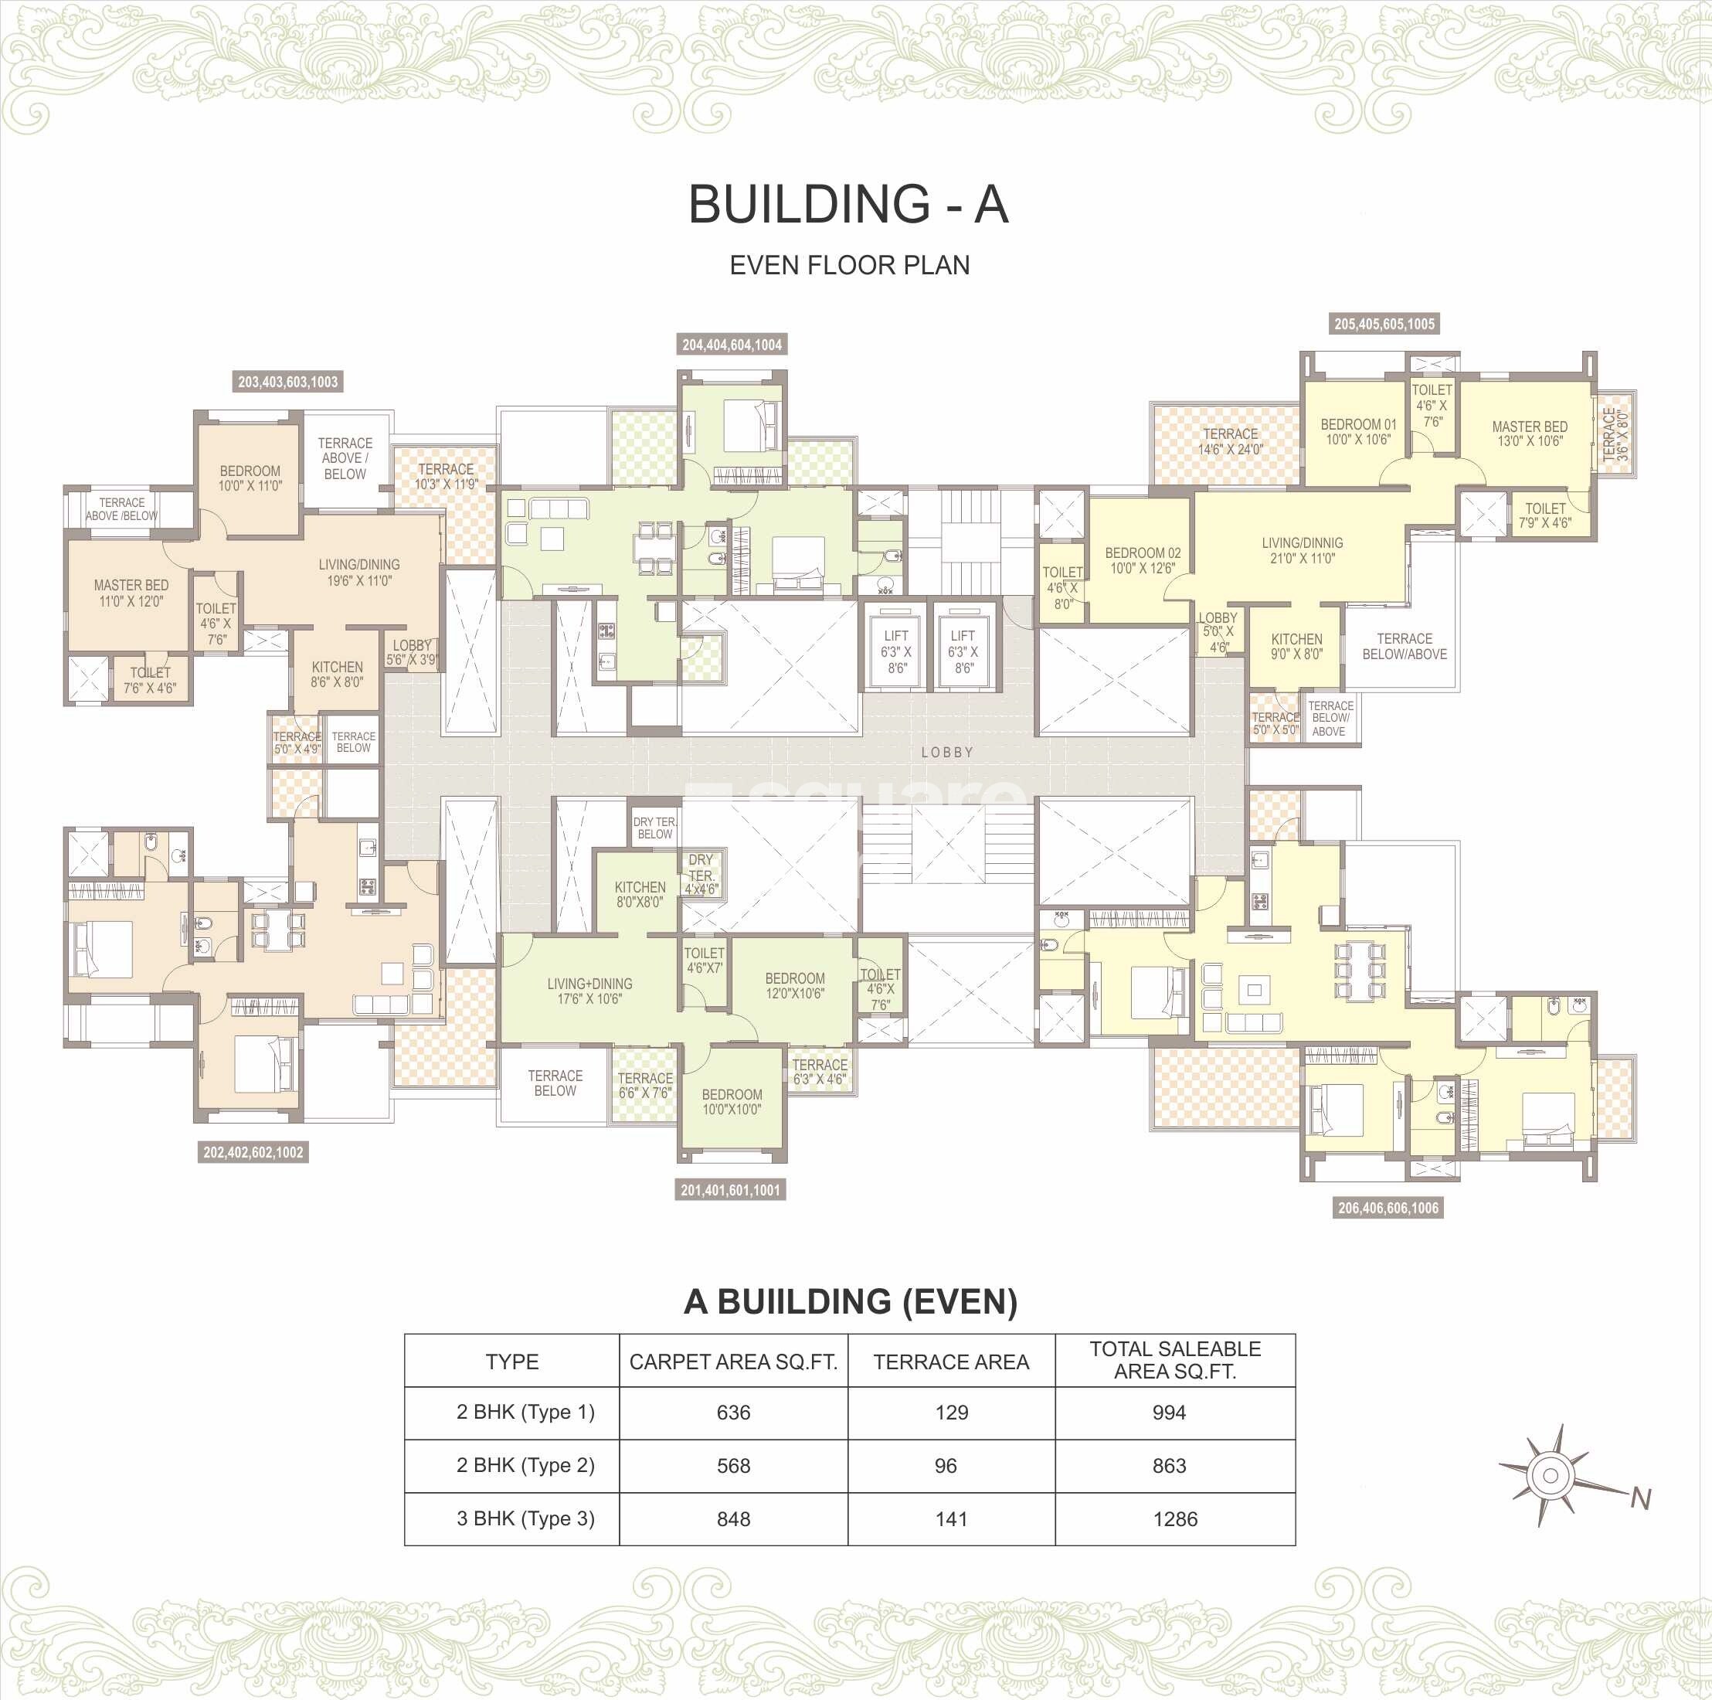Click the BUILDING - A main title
pos(848,205)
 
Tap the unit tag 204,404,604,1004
pos(731,345)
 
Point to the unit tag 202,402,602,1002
pos(253,1152)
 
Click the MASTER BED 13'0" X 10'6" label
pos(1529,433)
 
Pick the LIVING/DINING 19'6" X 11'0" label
pos(359,573)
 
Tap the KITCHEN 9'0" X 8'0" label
pos(1296,646)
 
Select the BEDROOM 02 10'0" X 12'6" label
pos(1142,560)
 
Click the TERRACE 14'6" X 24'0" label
pos(1230,441)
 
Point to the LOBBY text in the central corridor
pos(947,753)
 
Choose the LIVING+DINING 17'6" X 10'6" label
pos(589,991)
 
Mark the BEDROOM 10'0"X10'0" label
pos(732,1102)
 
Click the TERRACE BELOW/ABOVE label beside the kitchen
pos(1404,646)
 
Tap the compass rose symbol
pos(1550,1476)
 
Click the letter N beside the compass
pos(1640,1499)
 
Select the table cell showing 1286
pos(1175,1519)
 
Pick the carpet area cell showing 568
pos(733,1466)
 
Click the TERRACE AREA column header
pos(951,1362)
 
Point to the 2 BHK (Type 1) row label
pos(525,1412)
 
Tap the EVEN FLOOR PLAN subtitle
pos(849,265)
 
